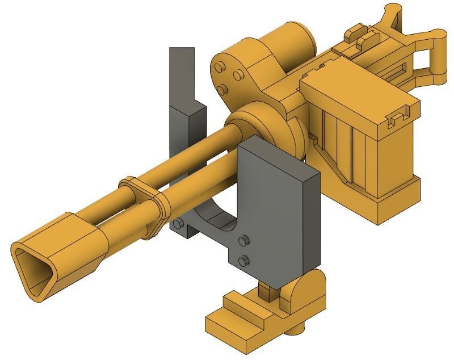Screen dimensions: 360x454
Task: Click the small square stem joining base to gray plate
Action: tap(265, 289)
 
